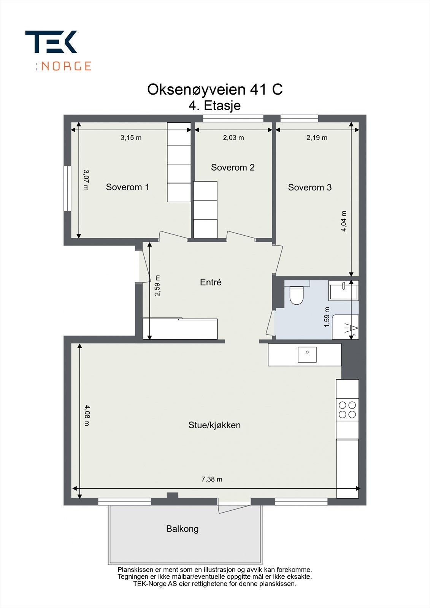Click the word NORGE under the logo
66,66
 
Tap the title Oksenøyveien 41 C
215,90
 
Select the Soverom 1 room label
127,187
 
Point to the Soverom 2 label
233,167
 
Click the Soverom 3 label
309,187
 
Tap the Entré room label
211,282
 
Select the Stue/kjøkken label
214,425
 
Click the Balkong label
182,529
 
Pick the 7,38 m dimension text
212,479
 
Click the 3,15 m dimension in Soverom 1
131,138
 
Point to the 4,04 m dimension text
344,221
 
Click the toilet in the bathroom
296,295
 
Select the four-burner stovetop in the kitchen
347,410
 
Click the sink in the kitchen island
307,355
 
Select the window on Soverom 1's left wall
67,188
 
